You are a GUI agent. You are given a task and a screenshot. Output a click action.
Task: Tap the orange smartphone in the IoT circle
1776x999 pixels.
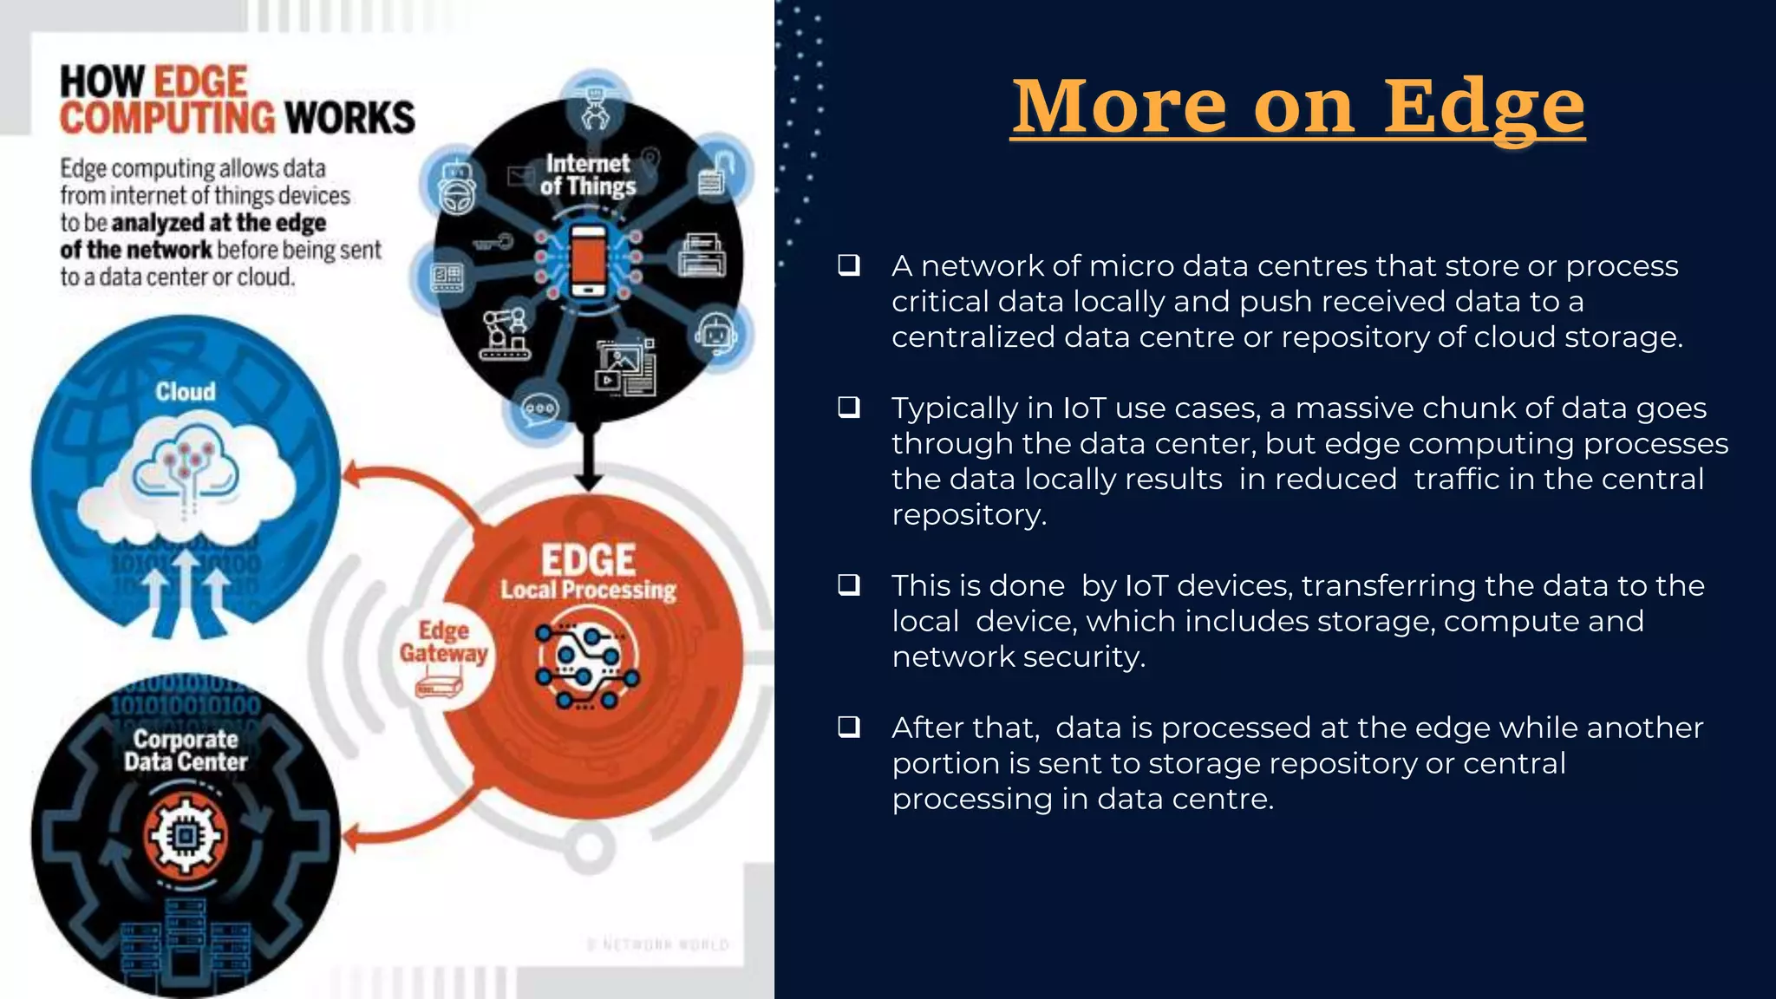589,259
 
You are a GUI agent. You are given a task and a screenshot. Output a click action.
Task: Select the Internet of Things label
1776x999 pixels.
588,174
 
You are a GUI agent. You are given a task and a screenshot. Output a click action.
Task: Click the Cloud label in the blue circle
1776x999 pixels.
186,392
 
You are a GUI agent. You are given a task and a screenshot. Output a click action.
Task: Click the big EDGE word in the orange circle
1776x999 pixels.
589,560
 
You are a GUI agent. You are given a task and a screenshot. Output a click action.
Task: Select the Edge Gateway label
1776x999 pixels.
443,642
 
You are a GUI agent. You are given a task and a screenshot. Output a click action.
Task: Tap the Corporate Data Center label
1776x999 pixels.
186,751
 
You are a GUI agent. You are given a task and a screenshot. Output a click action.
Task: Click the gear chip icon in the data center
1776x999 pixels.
185,836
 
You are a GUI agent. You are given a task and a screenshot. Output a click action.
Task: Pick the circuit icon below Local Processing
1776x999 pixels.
587,666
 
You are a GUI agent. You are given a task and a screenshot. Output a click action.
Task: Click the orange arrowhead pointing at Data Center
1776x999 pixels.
352,838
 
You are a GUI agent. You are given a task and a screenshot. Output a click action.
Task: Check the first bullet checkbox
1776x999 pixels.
849,265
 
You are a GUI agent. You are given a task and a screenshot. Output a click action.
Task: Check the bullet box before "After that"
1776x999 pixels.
849,727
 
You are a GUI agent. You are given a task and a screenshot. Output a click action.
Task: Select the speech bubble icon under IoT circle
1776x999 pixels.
540,408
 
